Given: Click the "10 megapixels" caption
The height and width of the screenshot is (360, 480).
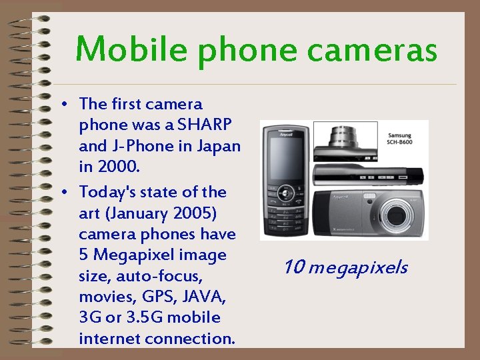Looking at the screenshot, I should tap(345, 268).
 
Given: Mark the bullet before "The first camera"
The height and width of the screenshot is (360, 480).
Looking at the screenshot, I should tap(61, 105).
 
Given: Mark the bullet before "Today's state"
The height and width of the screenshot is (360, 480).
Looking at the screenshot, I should tap(61, 193).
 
